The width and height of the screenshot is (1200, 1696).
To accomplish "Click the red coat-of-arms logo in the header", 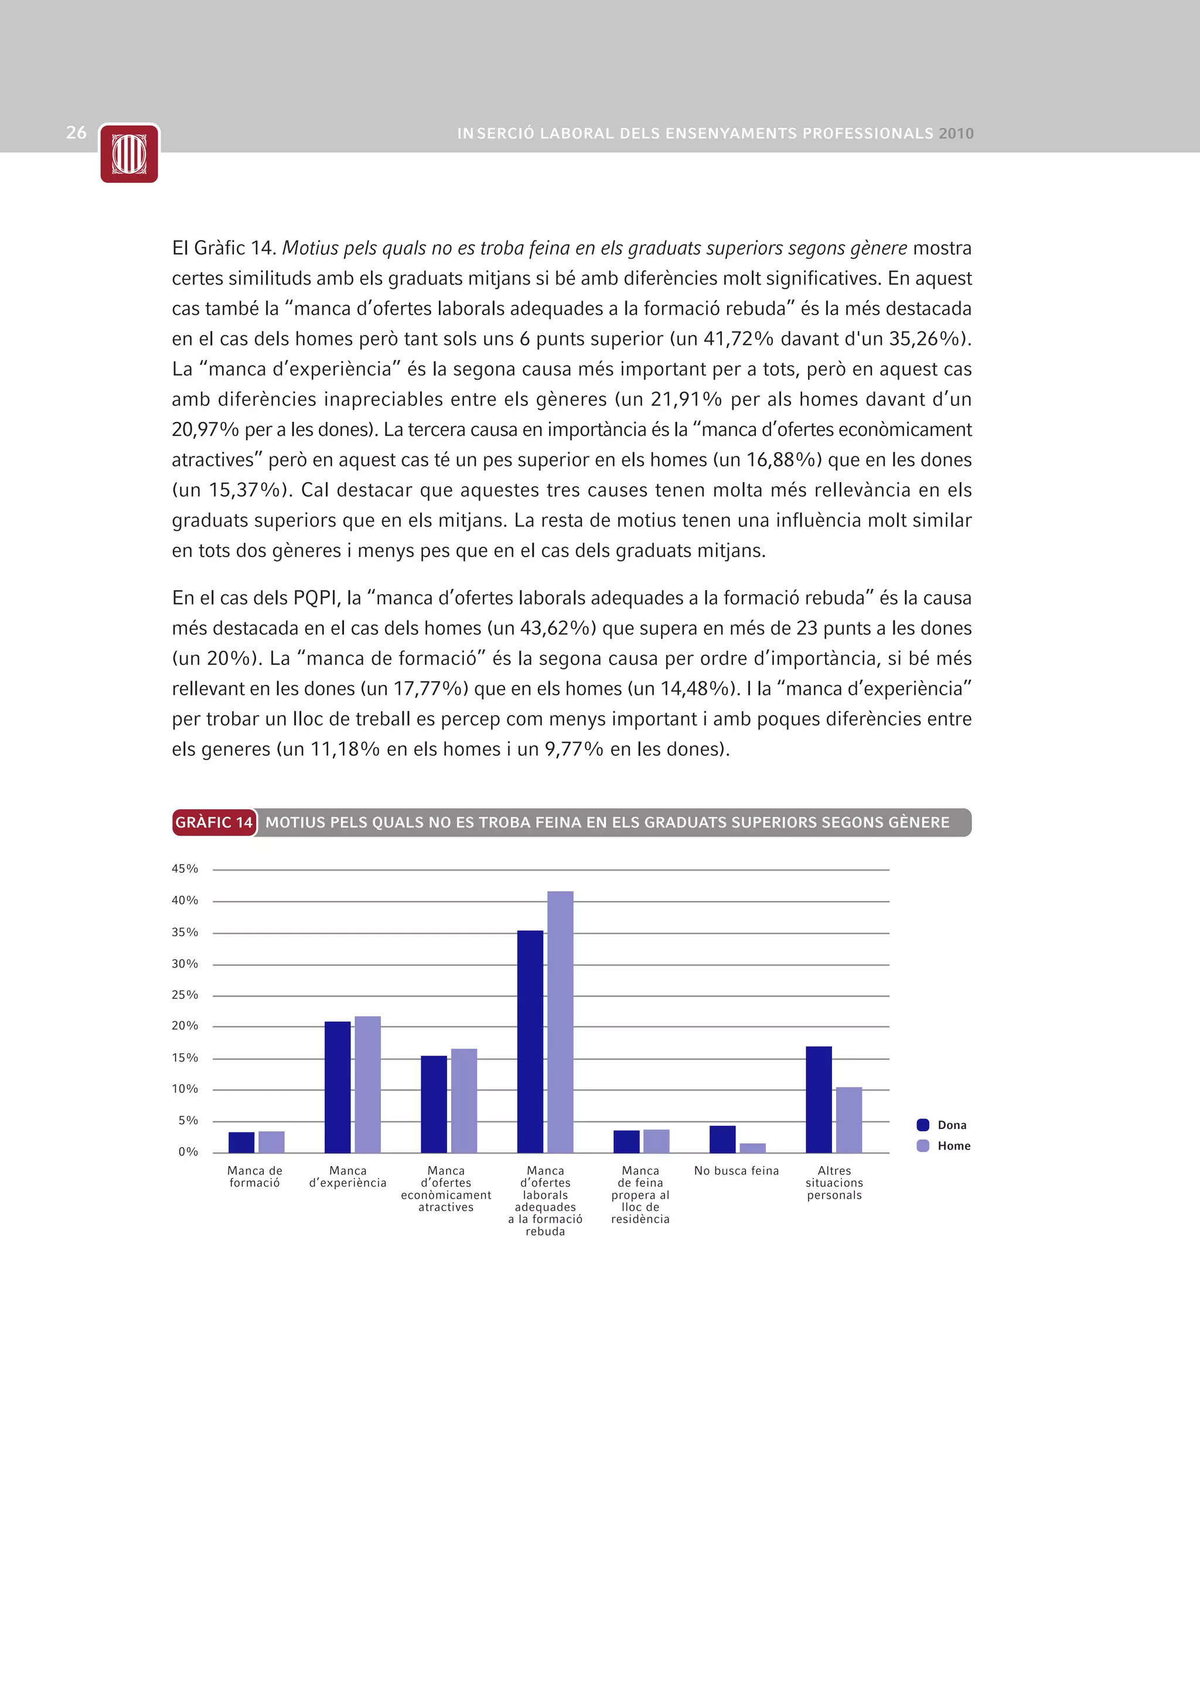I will [x=129, y=153].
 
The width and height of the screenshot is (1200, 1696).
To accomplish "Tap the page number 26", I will [x=76, y=133].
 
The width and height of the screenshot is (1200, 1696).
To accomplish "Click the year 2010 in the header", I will [x=956, y=134].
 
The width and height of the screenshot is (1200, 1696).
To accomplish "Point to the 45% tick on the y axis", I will [x=185, y=869].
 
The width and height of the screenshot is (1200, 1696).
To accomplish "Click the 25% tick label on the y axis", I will [x=185, y=995].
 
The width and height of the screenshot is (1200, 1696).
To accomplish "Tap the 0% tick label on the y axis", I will [x=187, y=1152].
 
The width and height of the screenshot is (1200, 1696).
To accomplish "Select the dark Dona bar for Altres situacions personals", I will [x=819, y=1099].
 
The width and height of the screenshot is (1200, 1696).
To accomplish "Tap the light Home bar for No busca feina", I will [x=752, y=1148].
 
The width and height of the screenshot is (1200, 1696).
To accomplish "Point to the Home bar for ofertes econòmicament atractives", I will [x=464, y=1101].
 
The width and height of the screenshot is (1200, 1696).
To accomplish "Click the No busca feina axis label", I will [x=736, y=1171].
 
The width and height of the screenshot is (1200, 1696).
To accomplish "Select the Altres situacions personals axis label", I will [x=834, y=1183].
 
